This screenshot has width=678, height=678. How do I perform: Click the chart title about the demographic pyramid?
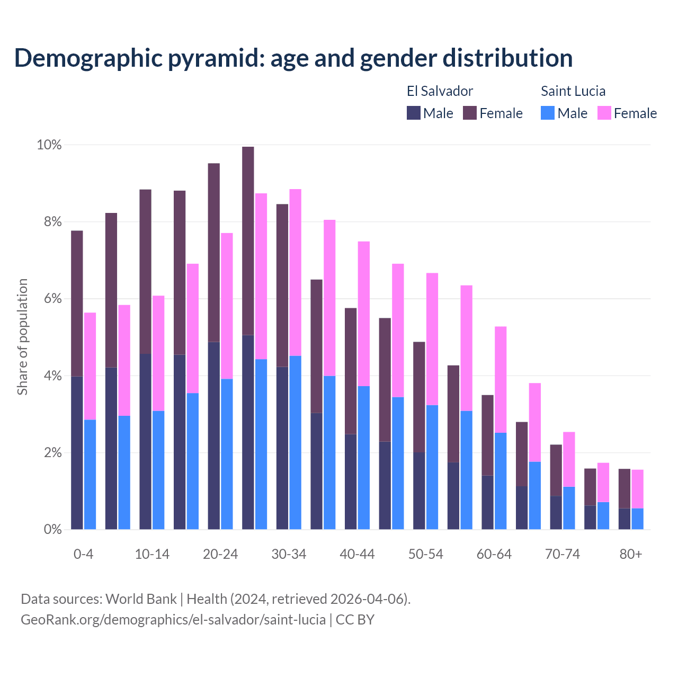pos(293,58)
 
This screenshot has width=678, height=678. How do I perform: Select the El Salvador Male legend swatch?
pos(414,113)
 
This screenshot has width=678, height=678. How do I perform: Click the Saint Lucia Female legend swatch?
pos(604,113)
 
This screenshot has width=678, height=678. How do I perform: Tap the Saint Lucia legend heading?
pos(573,91)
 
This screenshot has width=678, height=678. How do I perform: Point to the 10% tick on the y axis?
pos(49,145)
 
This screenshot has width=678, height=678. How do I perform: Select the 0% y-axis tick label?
pos(52,529)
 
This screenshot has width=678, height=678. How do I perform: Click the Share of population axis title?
pos(23,337)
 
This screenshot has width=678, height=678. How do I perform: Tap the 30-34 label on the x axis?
pos(289,554)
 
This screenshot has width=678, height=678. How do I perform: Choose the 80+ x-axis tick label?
pos(630,554)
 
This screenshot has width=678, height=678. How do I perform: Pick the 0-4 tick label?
pos(83,554)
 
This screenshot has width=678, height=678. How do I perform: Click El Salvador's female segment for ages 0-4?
pos(77,303)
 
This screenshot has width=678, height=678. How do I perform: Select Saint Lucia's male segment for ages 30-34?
pos(295,442)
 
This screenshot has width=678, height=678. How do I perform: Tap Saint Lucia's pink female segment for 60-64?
pos(501,379)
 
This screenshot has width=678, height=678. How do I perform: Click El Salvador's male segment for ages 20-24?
pos(214,435)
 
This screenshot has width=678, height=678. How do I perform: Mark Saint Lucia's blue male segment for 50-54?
pos(432,467)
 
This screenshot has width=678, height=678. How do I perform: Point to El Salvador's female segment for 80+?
pos(625,488)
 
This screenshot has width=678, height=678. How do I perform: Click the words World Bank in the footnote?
pos(141,599)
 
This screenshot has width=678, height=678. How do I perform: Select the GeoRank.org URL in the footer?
pos(173,620)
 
